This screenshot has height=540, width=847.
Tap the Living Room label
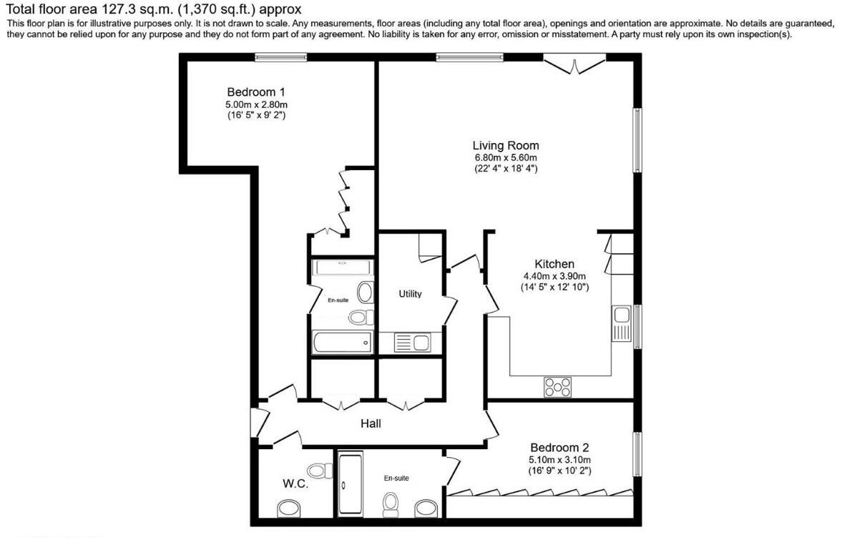pos(506,145)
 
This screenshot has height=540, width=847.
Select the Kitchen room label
pos(554,264)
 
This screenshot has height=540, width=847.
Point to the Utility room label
pos(410,294)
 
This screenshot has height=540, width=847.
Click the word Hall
pos(371,423)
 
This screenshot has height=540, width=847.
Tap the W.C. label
pos(295,484)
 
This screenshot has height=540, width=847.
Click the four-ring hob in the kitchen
pos(558,387)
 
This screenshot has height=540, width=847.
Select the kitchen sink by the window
pos(620,323)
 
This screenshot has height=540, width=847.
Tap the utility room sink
pos(412,343)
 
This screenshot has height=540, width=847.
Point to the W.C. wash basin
pos(290,509)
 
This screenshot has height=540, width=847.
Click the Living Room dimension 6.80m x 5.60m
pos(506,158)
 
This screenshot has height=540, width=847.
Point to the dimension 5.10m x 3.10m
pos(559,460)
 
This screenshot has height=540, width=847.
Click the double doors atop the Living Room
pos(575,64)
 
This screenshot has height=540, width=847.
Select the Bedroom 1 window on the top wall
pos(281,58)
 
